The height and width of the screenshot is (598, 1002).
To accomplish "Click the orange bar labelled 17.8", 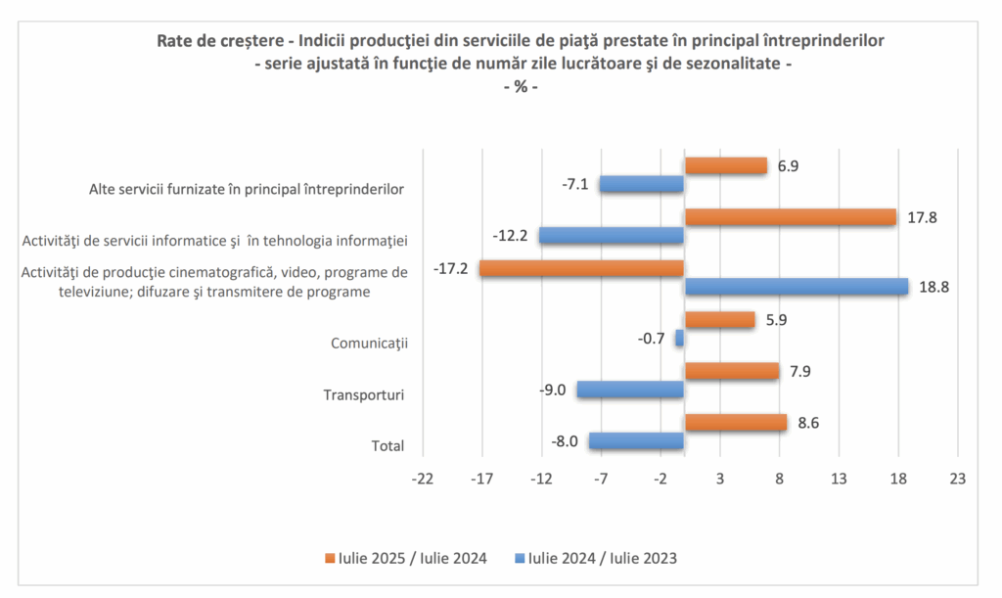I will point(790,217).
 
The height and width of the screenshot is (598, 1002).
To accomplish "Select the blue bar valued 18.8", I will point(796,286).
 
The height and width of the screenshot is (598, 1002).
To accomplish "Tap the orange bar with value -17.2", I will point(581,268).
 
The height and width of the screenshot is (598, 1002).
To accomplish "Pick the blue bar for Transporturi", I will point(629,390).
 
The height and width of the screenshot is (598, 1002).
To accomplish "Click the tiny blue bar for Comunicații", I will point(679,338).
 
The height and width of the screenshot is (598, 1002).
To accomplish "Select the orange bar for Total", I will point(735,422).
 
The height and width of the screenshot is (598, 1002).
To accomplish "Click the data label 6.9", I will point(789,166).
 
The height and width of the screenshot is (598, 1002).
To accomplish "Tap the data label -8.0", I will point(565,440).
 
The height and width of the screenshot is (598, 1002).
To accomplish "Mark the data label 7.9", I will point(800,371).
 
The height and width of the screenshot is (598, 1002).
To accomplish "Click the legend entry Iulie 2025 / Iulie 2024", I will point(405,559).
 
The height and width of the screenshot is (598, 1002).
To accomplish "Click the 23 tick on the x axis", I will point(957,479).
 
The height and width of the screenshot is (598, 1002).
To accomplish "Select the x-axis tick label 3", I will point(720,479).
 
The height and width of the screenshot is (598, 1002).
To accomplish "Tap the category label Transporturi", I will point(364,395).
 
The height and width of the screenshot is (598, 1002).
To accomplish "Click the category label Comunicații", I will point(369,344).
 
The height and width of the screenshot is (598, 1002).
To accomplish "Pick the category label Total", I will point(387,445).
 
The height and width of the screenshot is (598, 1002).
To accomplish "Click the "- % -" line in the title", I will point(521,86).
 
